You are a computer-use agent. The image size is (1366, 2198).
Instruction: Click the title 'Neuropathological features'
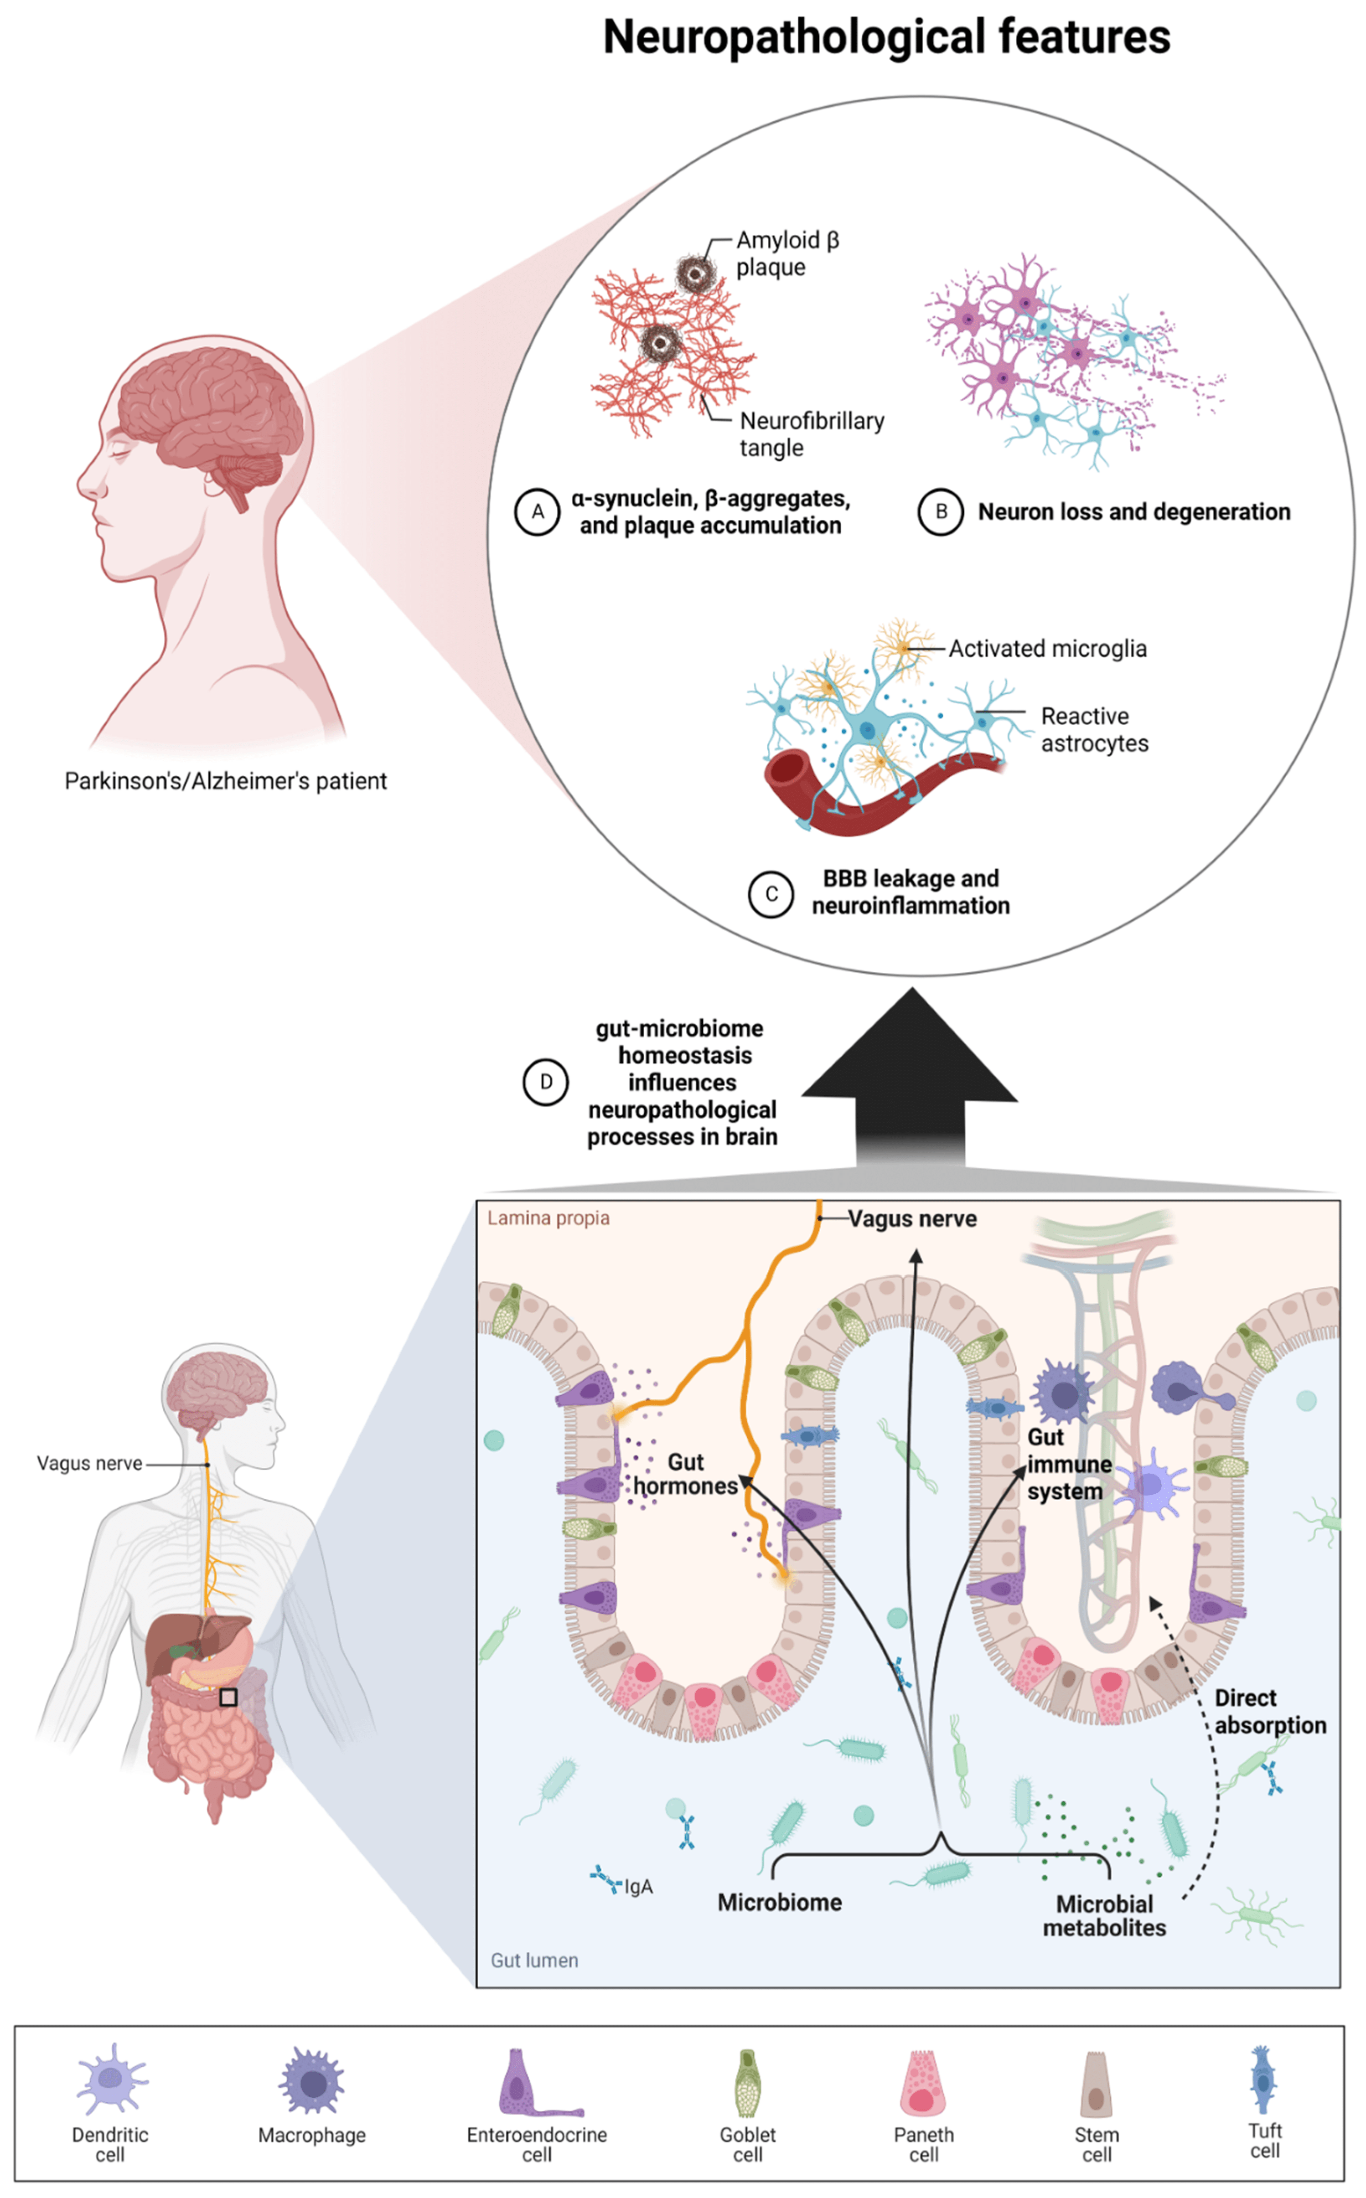pyautogui.click(x=886, y=38)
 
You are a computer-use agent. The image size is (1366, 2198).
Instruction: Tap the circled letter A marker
pyautogui.click(x=538, y=512)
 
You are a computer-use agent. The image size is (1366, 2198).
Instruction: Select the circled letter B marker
pyautogui.click(x=941, y=512)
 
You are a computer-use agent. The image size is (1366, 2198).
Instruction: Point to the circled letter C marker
pyautogui.click(x=771, y=894)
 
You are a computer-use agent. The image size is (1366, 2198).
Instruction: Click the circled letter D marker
pyautogui.click(x=546, y=1082)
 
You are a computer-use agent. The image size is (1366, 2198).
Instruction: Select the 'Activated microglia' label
pyautogui.click(x=1047, y=648)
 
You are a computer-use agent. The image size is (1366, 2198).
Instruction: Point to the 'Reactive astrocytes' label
pyautogui.click(x=1094, y=730)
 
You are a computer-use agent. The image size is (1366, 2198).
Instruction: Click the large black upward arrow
pyautogui.click(x=910, y=1075)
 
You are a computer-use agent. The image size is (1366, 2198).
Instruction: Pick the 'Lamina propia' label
pyautogui.click(x=548, y=1218)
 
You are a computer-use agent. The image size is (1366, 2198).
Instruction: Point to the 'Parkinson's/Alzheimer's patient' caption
pyautogui.click(x=225, y=781)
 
